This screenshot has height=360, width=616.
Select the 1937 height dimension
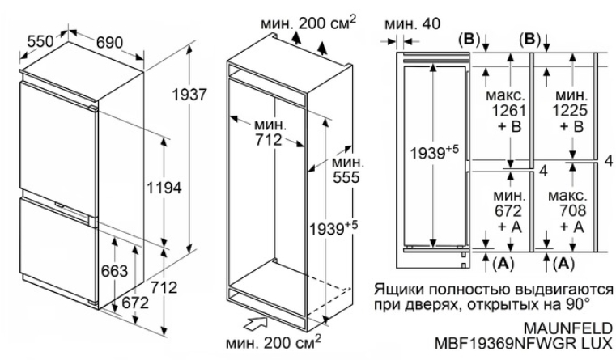pos(190,95)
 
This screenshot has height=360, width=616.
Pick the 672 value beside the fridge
pos(136,303)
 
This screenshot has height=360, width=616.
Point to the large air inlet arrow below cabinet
pos(253,324)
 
